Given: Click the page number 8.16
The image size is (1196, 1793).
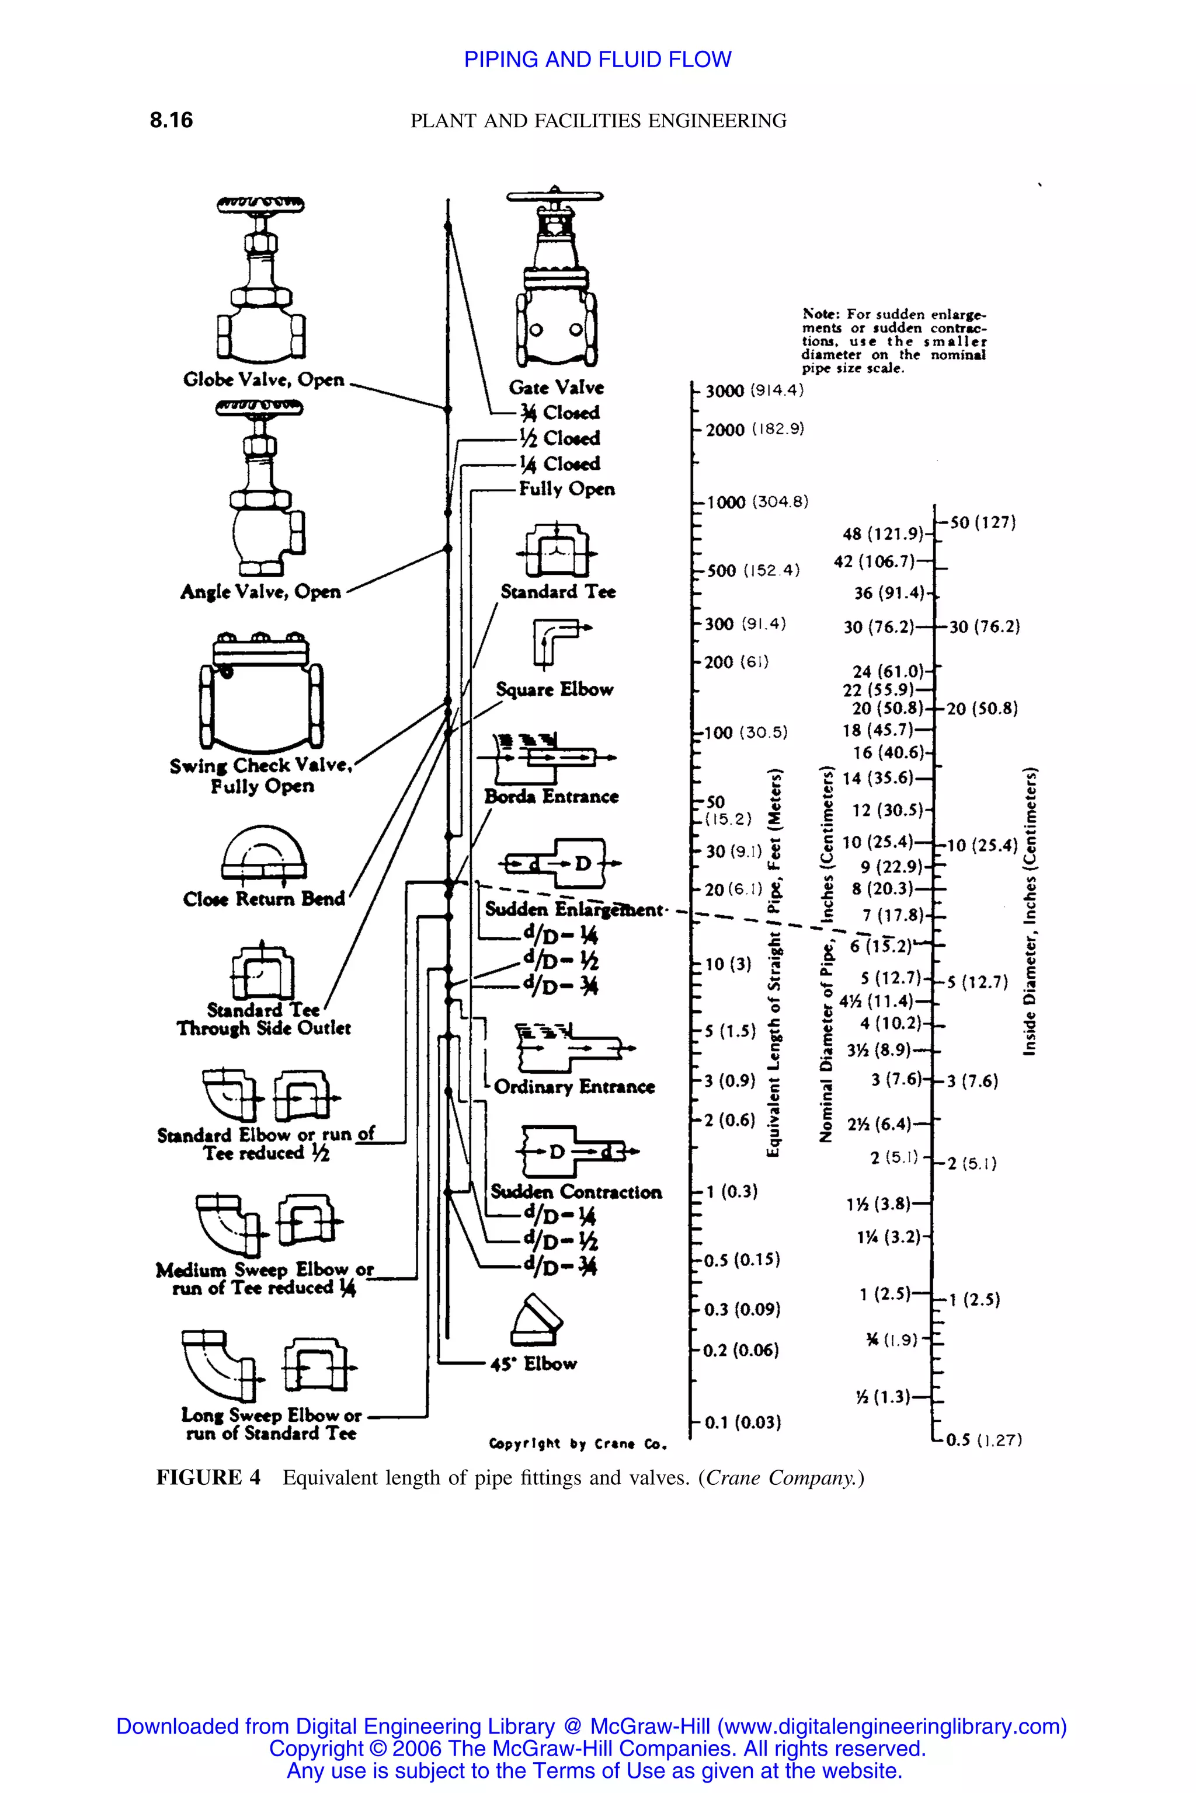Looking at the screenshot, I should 171,120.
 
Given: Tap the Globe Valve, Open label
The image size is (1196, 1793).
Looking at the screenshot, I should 264,379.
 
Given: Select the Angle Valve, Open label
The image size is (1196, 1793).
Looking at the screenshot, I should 260,592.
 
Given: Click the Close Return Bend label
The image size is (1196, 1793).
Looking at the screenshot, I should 264,899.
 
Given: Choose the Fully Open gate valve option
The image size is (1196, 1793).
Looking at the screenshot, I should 566,489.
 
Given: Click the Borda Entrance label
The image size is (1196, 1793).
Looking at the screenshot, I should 551,797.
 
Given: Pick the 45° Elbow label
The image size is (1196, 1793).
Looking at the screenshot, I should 533,1364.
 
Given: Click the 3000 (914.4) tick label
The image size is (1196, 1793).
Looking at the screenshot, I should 753,391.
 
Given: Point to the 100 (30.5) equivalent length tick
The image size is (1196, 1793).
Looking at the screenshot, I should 745,732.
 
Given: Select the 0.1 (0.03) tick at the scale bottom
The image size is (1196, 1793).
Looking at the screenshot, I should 742,1422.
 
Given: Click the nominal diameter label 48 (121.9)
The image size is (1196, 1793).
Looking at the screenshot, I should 882,533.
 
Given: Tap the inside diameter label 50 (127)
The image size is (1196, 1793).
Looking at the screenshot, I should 982,523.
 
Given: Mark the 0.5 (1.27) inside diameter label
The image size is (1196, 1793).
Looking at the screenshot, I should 984,1440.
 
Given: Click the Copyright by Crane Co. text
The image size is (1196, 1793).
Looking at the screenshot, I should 578,1444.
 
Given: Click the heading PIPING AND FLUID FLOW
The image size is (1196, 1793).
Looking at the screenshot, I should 597,60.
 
